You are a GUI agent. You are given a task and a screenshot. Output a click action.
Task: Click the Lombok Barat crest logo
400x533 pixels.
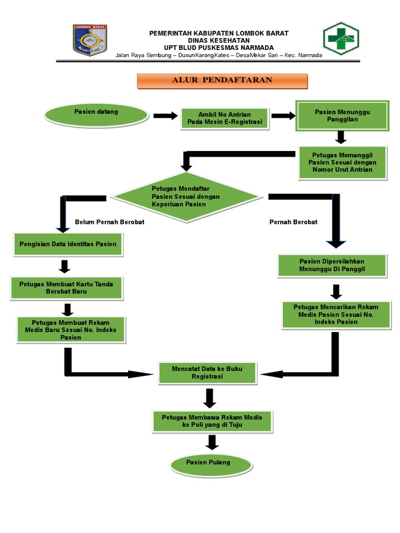pos(90,40)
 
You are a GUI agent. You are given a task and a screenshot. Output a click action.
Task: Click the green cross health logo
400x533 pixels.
pos(341,39)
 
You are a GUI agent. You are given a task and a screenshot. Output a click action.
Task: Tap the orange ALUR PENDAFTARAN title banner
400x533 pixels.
pos(222,81)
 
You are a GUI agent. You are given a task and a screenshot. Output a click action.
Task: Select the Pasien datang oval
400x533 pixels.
pos(96,114)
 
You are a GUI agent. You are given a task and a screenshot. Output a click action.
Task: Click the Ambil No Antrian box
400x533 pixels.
pos(224,119)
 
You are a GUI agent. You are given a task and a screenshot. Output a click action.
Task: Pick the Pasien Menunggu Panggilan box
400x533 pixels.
pos(342,116)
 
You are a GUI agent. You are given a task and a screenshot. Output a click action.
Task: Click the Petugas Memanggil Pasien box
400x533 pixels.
pos(342,162)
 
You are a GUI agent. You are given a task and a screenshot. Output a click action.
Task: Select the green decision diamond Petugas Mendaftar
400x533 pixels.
pos(186,197)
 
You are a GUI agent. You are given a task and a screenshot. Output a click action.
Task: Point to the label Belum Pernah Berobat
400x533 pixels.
pos(109,222)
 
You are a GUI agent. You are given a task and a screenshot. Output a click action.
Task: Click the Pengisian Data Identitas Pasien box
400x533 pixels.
pos(68,244)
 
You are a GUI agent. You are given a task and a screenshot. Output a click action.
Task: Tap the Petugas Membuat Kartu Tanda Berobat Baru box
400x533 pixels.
pos(66,288)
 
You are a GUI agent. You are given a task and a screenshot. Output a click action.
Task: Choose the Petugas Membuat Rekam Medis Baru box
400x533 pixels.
pos(70,330)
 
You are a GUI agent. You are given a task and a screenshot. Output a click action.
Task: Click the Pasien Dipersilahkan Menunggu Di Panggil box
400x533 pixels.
pos(332,265)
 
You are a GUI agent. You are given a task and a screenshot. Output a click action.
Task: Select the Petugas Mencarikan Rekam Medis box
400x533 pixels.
pos(336,314)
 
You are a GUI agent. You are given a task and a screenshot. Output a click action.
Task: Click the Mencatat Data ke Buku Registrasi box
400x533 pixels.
pos(207,372)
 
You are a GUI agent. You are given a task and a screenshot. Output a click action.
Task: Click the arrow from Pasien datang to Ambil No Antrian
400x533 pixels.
pos(166,116)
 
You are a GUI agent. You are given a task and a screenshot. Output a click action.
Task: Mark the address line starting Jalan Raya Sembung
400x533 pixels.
pos(219,55)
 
